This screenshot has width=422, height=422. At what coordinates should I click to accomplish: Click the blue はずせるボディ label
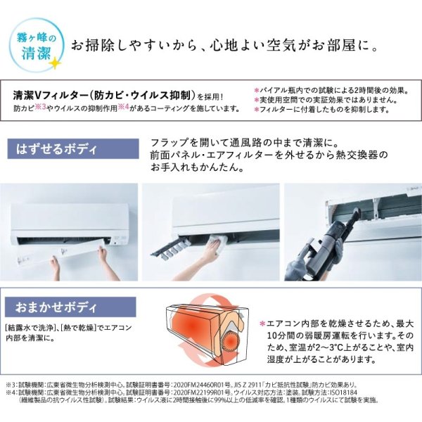[x=53, y=149]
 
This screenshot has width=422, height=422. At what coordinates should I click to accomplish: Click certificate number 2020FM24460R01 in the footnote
[x=219, y=386]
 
